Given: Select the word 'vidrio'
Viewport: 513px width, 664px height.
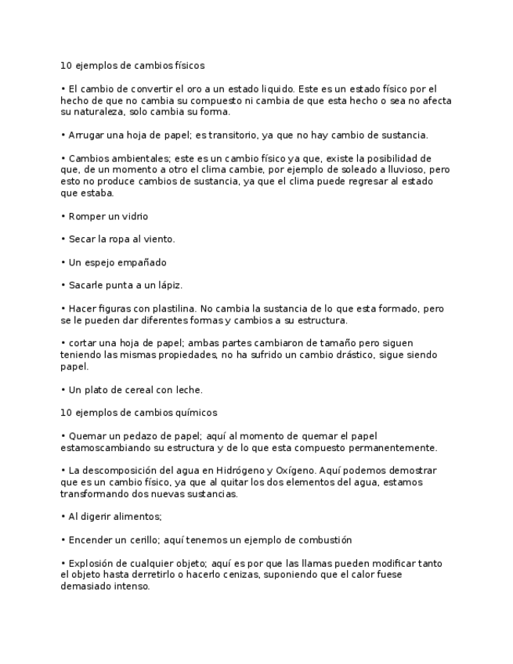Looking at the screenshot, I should pos(135,216).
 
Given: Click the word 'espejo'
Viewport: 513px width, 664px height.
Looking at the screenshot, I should pos(104,262).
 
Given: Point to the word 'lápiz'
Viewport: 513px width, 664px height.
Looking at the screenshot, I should pos(168,286).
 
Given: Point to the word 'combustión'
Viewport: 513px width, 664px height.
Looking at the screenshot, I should pos(324,540).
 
